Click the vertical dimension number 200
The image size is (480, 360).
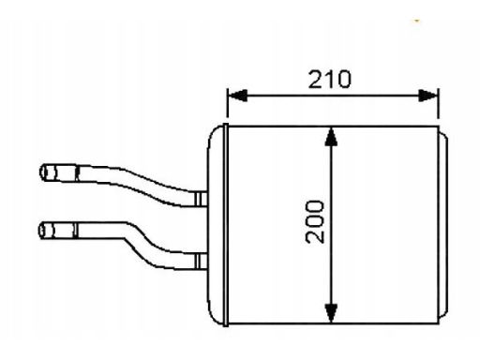pyautogui.click(x=316, y=221)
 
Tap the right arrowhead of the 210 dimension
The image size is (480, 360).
pyautogui.click(x=431, y=94)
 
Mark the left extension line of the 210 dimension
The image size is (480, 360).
pyautogui.click(x=228, y=105)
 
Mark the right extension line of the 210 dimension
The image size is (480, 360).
pyautogui.click(x=439, y=105)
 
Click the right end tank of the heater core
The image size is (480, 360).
pyautogui.click(x=447, y=225)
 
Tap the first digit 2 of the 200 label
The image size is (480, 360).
pyautogui.click(x=316, y=237)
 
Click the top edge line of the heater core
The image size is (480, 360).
pyautogui.click(x=333, y=125)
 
